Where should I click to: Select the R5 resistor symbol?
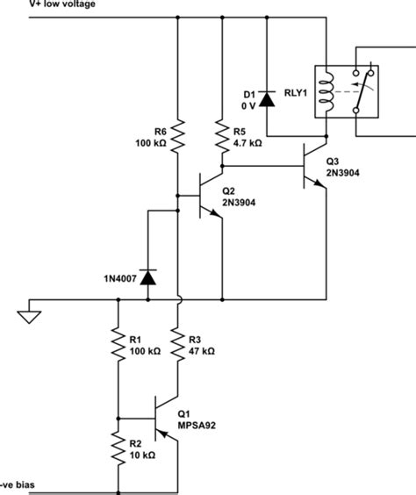[x=222, y=136]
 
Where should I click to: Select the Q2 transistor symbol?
[x=207, y=196]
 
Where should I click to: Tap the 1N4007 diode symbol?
[x=147, y=277]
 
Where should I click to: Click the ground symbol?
[x=29, y=313]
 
